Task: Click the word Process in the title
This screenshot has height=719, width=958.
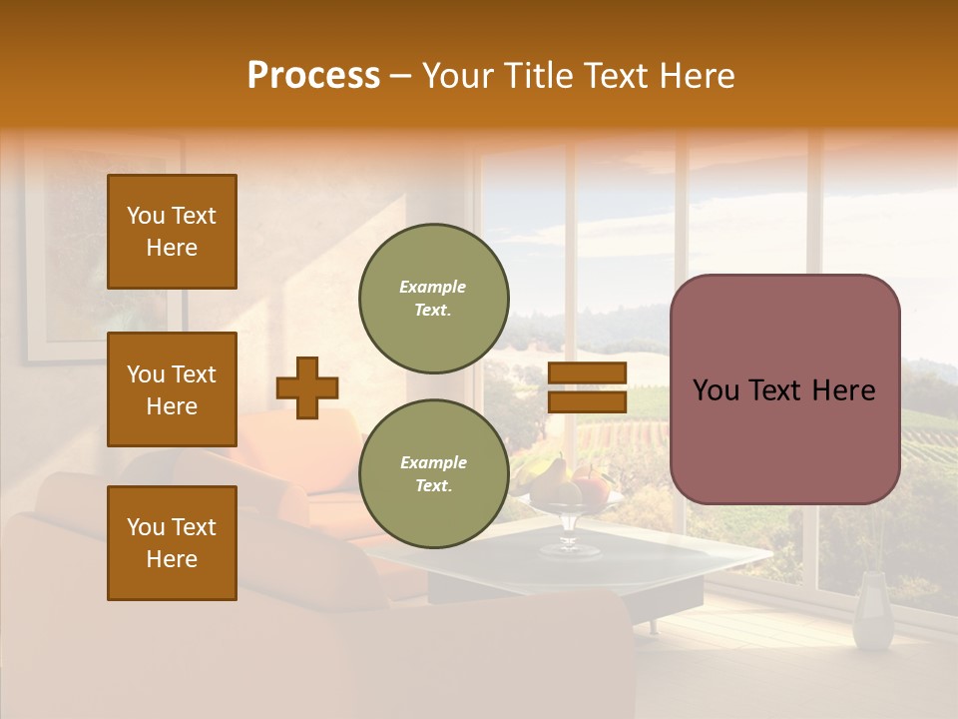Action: point(313,76)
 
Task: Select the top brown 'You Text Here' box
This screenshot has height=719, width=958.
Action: point(172,232)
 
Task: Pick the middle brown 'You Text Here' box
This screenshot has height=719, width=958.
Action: point(172,389)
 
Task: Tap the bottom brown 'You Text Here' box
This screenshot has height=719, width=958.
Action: point(172,543)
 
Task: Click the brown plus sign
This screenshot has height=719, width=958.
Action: point(307,387)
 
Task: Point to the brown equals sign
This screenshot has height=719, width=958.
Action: point(587,387)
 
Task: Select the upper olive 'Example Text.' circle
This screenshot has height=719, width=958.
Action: point(433,299)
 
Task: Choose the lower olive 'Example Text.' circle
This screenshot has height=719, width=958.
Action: point(433,474)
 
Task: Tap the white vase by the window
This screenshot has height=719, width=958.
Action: point(874,615)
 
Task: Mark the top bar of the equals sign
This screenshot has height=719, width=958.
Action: point(587,373)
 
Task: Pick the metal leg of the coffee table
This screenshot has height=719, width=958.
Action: point(654,625)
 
